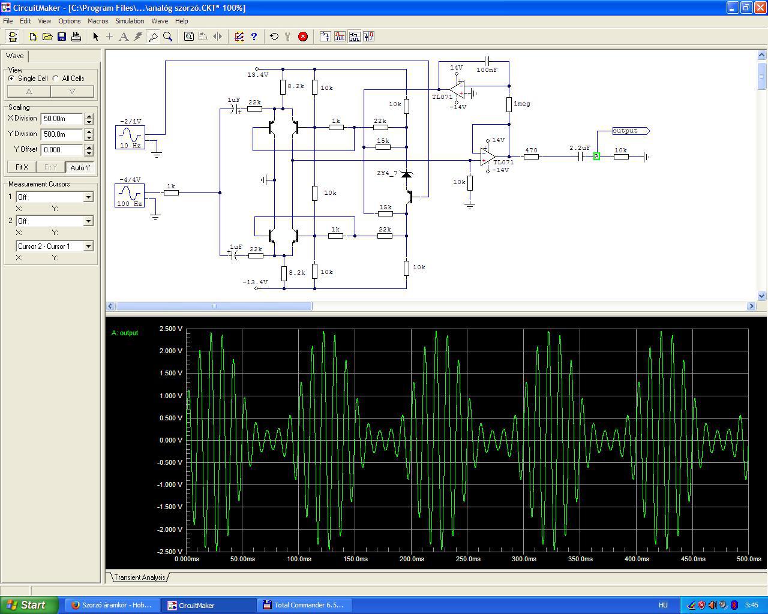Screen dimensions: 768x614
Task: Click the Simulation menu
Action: click(130, 21)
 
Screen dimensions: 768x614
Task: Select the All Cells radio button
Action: click(56, 79)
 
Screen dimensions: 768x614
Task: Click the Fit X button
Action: click(22, 167)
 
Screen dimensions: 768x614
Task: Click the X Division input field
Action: click(62, 119)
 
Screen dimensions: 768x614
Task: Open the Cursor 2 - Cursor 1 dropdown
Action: click(89, 246)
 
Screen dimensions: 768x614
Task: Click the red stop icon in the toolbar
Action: click(303, 37)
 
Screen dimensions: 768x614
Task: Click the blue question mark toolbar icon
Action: click(254, 37)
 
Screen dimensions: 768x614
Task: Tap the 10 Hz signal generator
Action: click(130, 137)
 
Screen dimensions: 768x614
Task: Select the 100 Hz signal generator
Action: click(130, 195)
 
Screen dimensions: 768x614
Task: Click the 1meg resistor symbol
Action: click(509, 104)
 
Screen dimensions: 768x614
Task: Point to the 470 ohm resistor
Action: click(531, 156)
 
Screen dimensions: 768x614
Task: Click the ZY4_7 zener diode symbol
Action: click(406, 174)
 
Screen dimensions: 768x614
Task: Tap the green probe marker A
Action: click(596, 156)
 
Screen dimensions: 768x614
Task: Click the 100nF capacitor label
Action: click(487, 70)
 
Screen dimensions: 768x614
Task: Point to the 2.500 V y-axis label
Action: click(170, 329)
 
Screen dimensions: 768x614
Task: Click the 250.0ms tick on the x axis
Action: click(467, 559)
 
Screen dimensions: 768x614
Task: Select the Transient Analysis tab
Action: click(140, 577)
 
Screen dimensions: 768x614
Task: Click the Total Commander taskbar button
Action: click(304, 605)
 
